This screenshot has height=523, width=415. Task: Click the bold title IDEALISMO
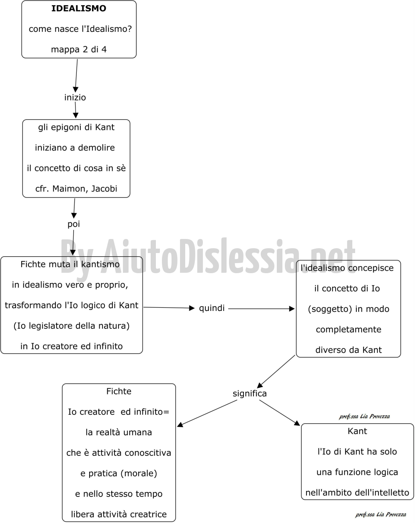click(79, 8)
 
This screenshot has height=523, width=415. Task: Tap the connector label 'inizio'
click(75, 97)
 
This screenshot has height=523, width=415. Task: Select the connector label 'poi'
click(74, 224)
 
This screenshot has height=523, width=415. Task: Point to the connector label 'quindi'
click(212, 308)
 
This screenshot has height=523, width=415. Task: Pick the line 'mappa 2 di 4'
click(79, 49)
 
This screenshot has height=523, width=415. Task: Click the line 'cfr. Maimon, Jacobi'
click(76, 189)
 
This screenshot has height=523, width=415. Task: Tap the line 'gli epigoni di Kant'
click(76, 127)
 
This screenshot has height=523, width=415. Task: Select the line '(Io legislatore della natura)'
click(72, 325)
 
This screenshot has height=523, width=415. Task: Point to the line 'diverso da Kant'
click(348, 350)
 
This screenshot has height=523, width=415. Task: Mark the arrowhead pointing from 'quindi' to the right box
click(292, 309)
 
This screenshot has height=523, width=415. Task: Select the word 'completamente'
click(348, 329)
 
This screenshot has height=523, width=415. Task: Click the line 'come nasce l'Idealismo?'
click(80, 29)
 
